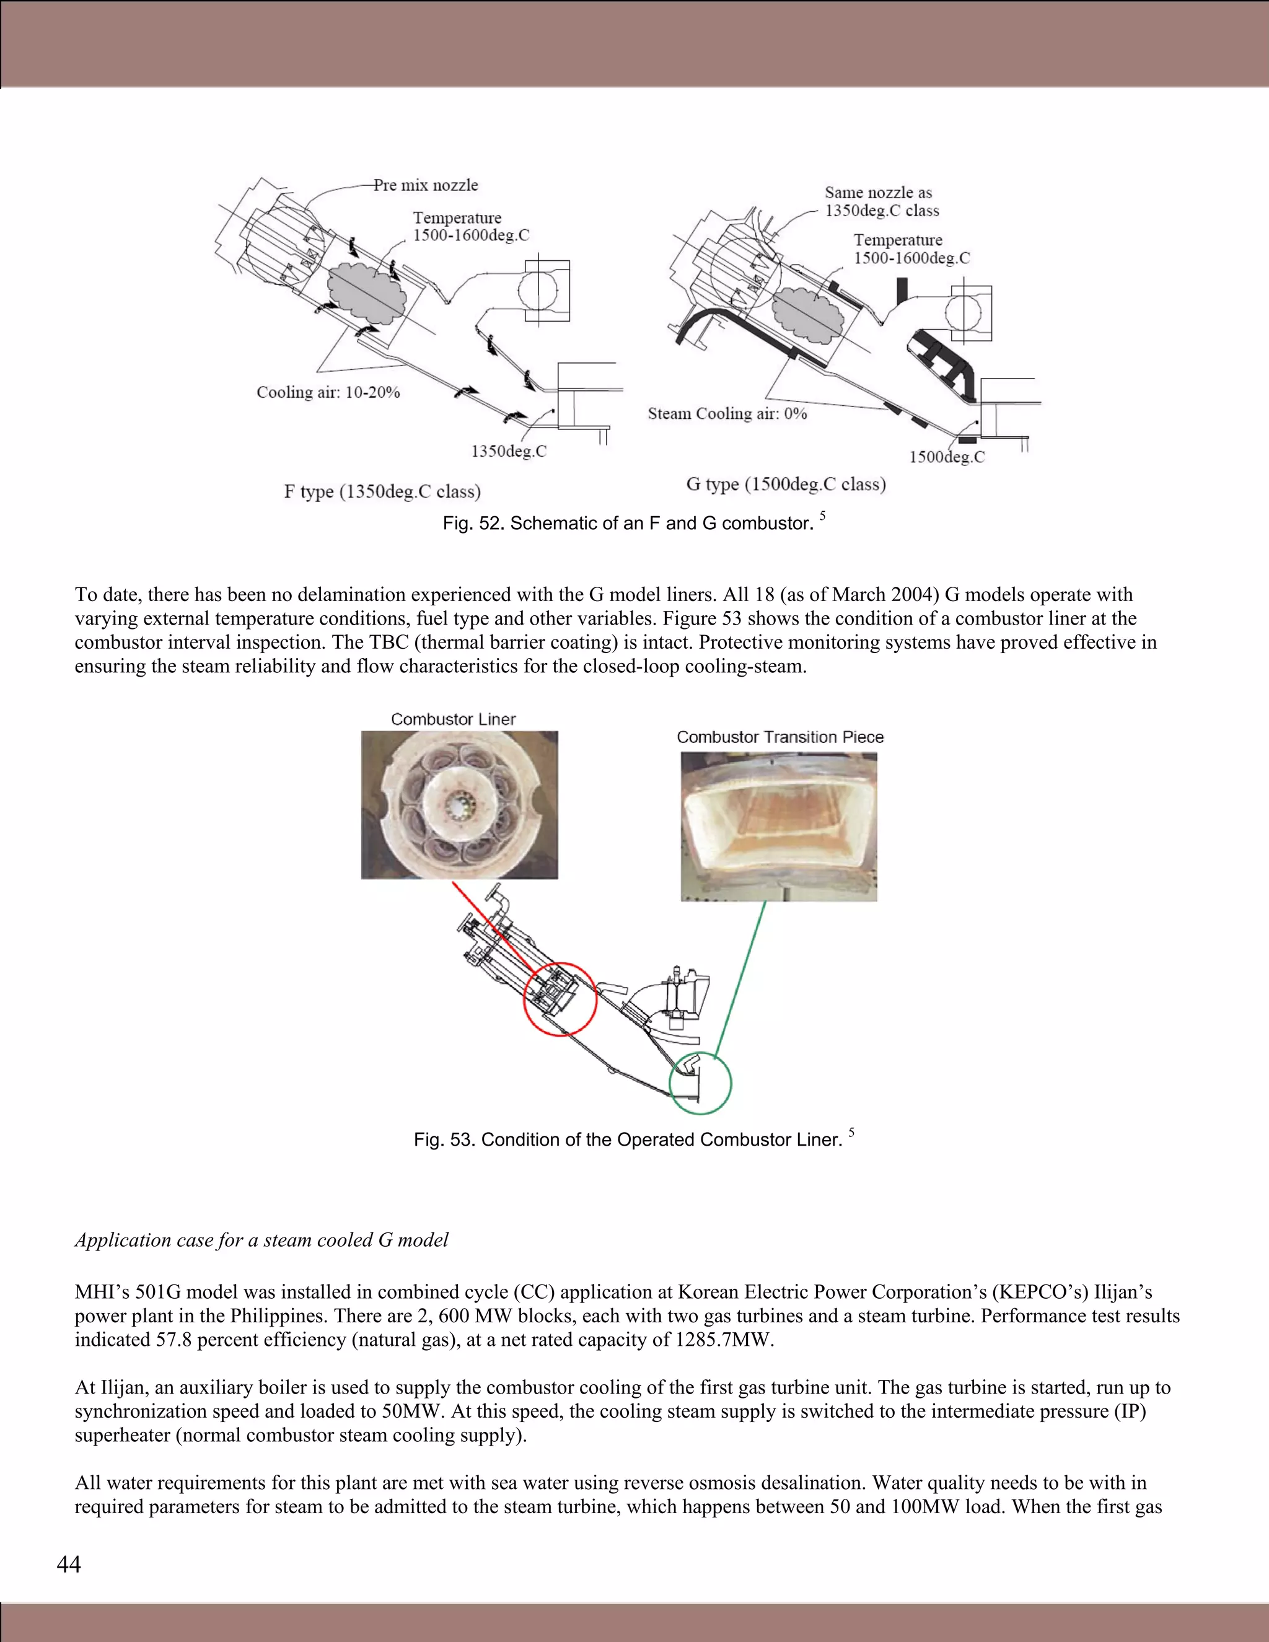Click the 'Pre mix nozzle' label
pyautogui.click(x=426, y=185)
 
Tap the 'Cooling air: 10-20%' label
pyautogui.click(x=328, y=392)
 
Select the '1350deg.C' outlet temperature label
pyautogui.click(x=508, y=451)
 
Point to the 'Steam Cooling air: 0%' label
pyautogui.click(x=727, y=413)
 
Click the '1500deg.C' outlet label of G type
pyautogui.click(x=947, y=457)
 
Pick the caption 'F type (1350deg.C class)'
pyautogui.click(x=382, y=492)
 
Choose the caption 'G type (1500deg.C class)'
pyautogui.click(x=786, y=484)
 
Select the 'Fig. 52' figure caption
pyautogui.click(x=628, y=524)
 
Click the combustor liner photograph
pyautogui.click(x=459, y=804)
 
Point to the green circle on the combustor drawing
pyautogui.click(x=700, y=1082)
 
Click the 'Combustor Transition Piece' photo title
pyautogui.click(x=779, y=737)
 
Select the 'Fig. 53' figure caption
pyautogui.click(x=628, y=1139)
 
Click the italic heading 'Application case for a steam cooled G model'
pyautogui.click(x=261, y=1240)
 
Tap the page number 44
pyautogui.click(x=68, y=1565)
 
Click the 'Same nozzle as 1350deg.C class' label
pyautogui.click(x=881, y=201)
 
